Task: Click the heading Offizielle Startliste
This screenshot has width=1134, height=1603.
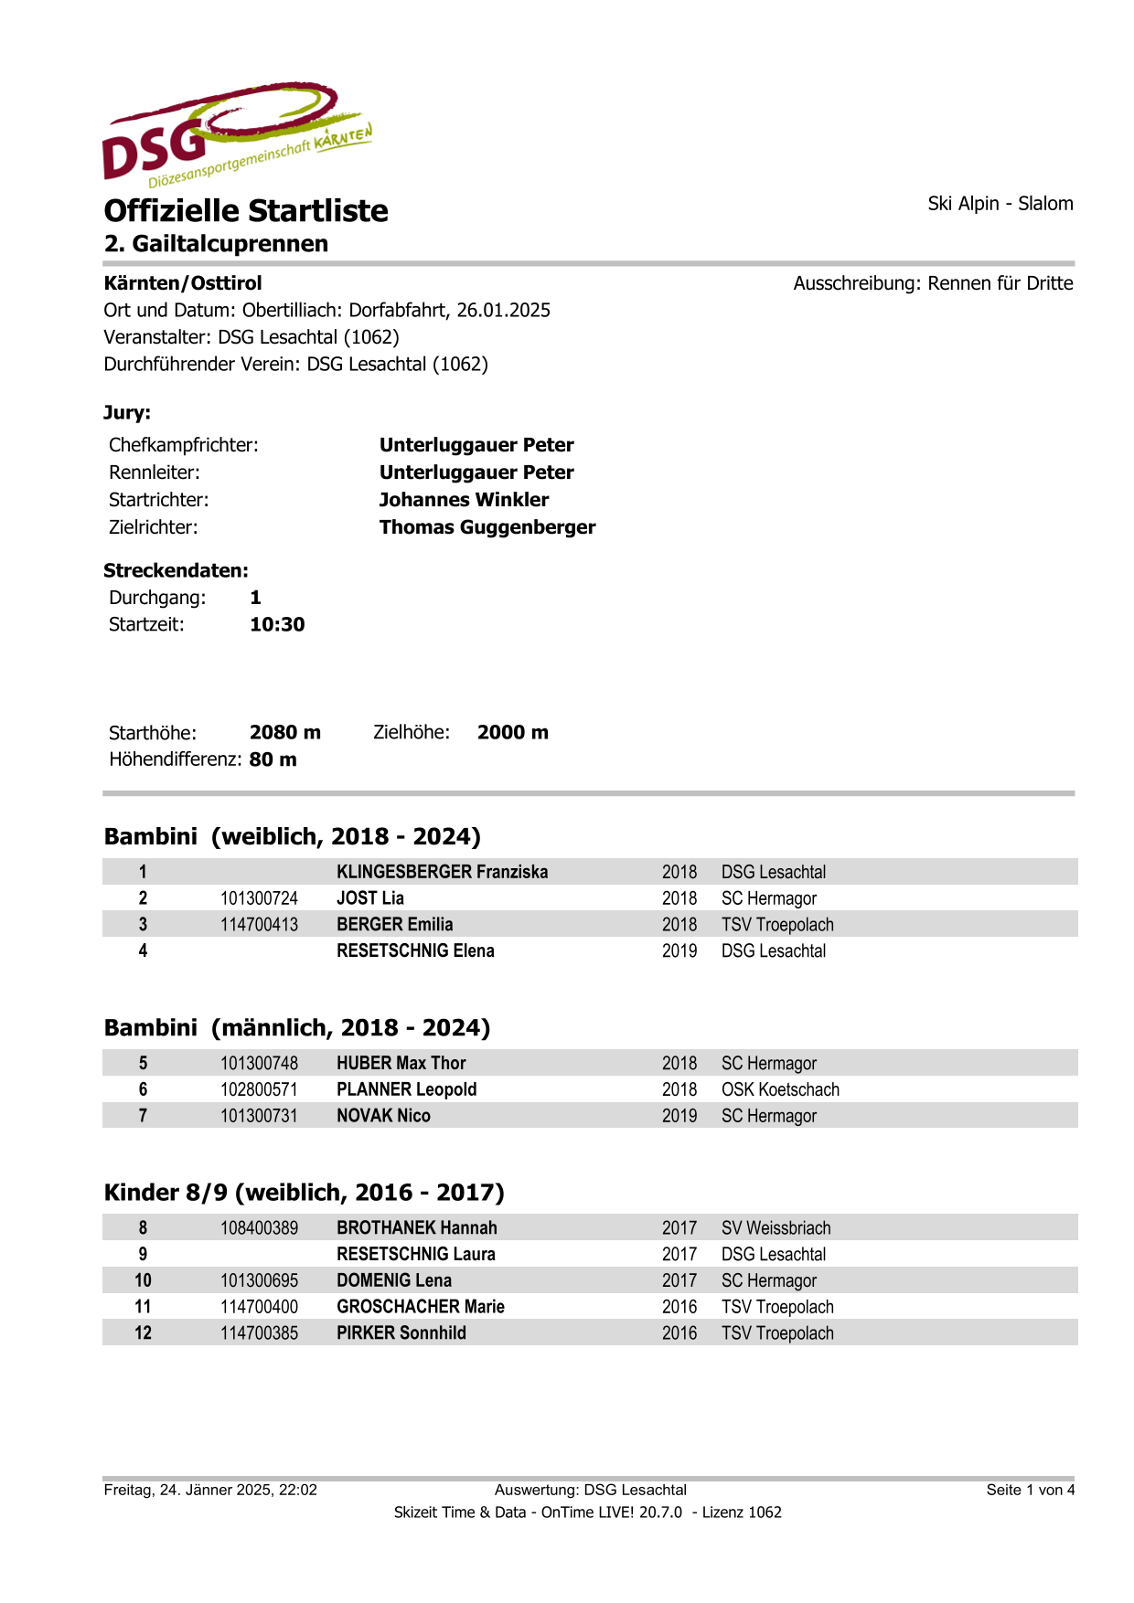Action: click(246, 211)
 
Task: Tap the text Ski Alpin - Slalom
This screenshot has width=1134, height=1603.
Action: click(1000, 204)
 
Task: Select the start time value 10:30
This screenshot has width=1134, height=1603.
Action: click(277, 625)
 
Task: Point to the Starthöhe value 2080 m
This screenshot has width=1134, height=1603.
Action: click(284, 733)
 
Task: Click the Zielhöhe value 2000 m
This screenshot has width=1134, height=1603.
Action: click(512, 733)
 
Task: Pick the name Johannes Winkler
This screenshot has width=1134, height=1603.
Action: click(464, 500)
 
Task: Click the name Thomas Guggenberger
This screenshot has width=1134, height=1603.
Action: click(487, 527)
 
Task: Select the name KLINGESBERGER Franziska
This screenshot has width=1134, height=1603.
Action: click(442, 872)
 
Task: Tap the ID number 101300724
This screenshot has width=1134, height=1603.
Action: click(259, 898)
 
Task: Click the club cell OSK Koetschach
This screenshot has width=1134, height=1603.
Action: click(780, 1089)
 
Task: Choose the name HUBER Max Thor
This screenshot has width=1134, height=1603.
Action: click(401, 1063)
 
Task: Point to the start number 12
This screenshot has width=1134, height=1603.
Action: click(143, 1332)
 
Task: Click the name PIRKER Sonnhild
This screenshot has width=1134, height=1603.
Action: click(401, 1332)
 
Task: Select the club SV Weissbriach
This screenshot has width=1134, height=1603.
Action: click(776, 1227)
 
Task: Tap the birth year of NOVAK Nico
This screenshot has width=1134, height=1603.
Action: click(679, 1116)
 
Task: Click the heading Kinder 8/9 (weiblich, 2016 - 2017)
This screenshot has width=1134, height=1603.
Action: click(304, 1193)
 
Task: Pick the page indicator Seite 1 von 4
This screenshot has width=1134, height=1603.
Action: click(1030, 1490)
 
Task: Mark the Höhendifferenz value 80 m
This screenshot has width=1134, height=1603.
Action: click(273, 760)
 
